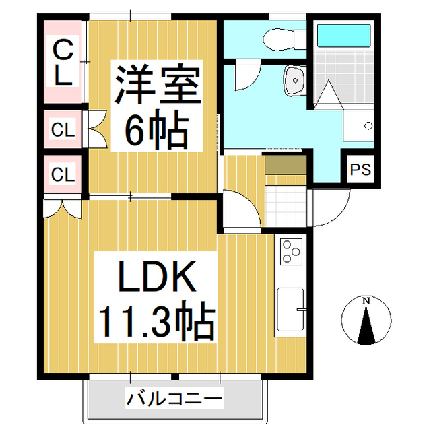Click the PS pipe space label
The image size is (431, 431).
(361, 170)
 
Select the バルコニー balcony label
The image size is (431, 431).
(174, 399)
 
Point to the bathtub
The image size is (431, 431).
(343, 35)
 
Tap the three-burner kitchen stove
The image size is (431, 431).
(291, 252)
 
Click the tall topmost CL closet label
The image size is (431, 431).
(63, 62)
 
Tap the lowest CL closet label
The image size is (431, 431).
(63, 175)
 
